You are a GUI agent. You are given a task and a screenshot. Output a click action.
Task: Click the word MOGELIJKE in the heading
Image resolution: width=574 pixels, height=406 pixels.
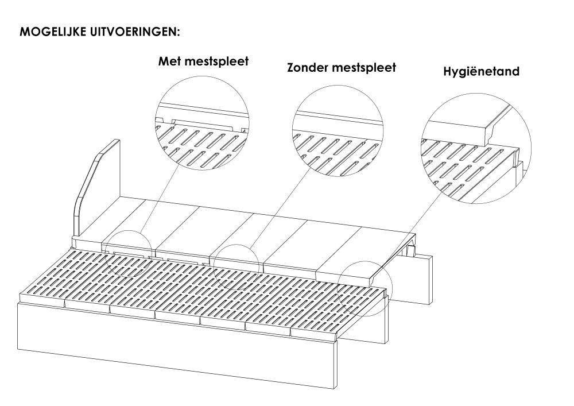click(x=52, y=32)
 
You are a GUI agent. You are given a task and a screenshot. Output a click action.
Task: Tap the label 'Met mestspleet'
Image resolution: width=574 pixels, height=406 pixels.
click(x=203, y=61)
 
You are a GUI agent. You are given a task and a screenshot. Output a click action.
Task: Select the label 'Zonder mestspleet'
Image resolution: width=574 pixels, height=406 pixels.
click(x=342, y=68)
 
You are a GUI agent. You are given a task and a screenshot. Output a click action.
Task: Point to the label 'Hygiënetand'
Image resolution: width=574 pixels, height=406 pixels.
click(x=482, y=71)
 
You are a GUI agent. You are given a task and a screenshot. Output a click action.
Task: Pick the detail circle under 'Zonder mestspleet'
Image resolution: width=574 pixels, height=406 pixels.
click(x=338, y=86)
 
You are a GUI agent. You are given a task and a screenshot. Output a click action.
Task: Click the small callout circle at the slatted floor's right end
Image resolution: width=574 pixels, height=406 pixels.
click(x=364, y=261)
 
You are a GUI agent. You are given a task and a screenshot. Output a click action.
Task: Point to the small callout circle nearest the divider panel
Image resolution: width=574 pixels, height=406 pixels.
click(x=129, y=231)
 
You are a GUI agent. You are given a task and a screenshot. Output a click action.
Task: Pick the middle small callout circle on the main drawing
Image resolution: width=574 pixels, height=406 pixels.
click(x=236, y=245)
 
